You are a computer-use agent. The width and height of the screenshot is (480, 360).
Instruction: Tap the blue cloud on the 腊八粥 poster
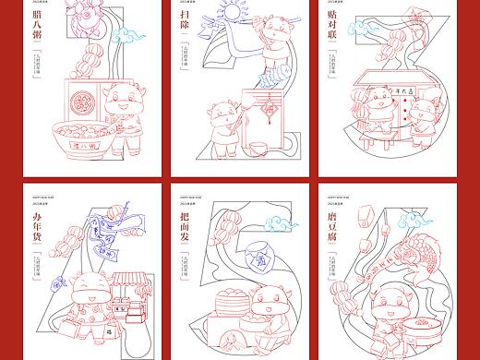(x=129, y=38)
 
